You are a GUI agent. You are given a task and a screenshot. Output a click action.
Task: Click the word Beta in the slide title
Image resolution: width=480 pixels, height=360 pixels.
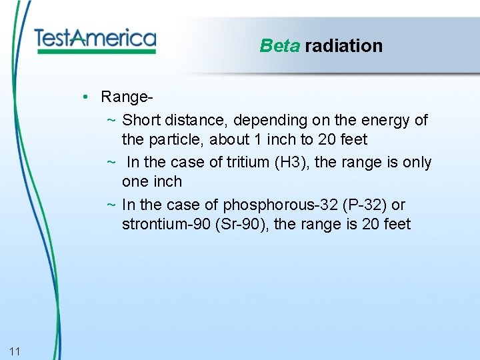[x=279, y=46]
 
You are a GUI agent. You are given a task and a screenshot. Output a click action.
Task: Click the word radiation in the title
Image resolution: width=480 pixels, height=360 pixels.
[x=343, y=46]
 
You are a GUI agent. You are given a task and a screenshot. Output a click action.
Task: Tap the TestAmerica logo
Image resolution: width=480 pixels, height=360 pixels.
[x=95, y=39]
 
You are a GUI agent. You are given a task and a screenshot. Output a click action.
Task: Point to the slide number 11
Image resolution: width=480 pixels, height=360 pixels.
[x=15, y=351]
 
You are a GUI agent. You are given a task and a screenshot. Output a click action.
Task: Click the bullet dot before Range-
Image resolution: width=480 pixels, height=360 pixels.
[x=87, y=97]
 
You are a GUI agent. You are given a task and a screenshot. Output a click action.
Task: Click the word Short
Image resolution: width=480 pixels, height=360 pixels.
[x=141, y=121]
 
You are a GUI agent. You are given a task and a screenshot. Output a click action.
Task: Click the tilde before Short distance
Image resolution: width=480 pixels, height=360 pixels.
[x=111, y=121]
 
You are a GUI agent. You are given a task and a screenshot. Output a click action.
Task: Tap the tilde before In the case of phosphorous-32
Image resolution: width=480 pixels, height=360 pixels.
[x=111, y=205]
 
